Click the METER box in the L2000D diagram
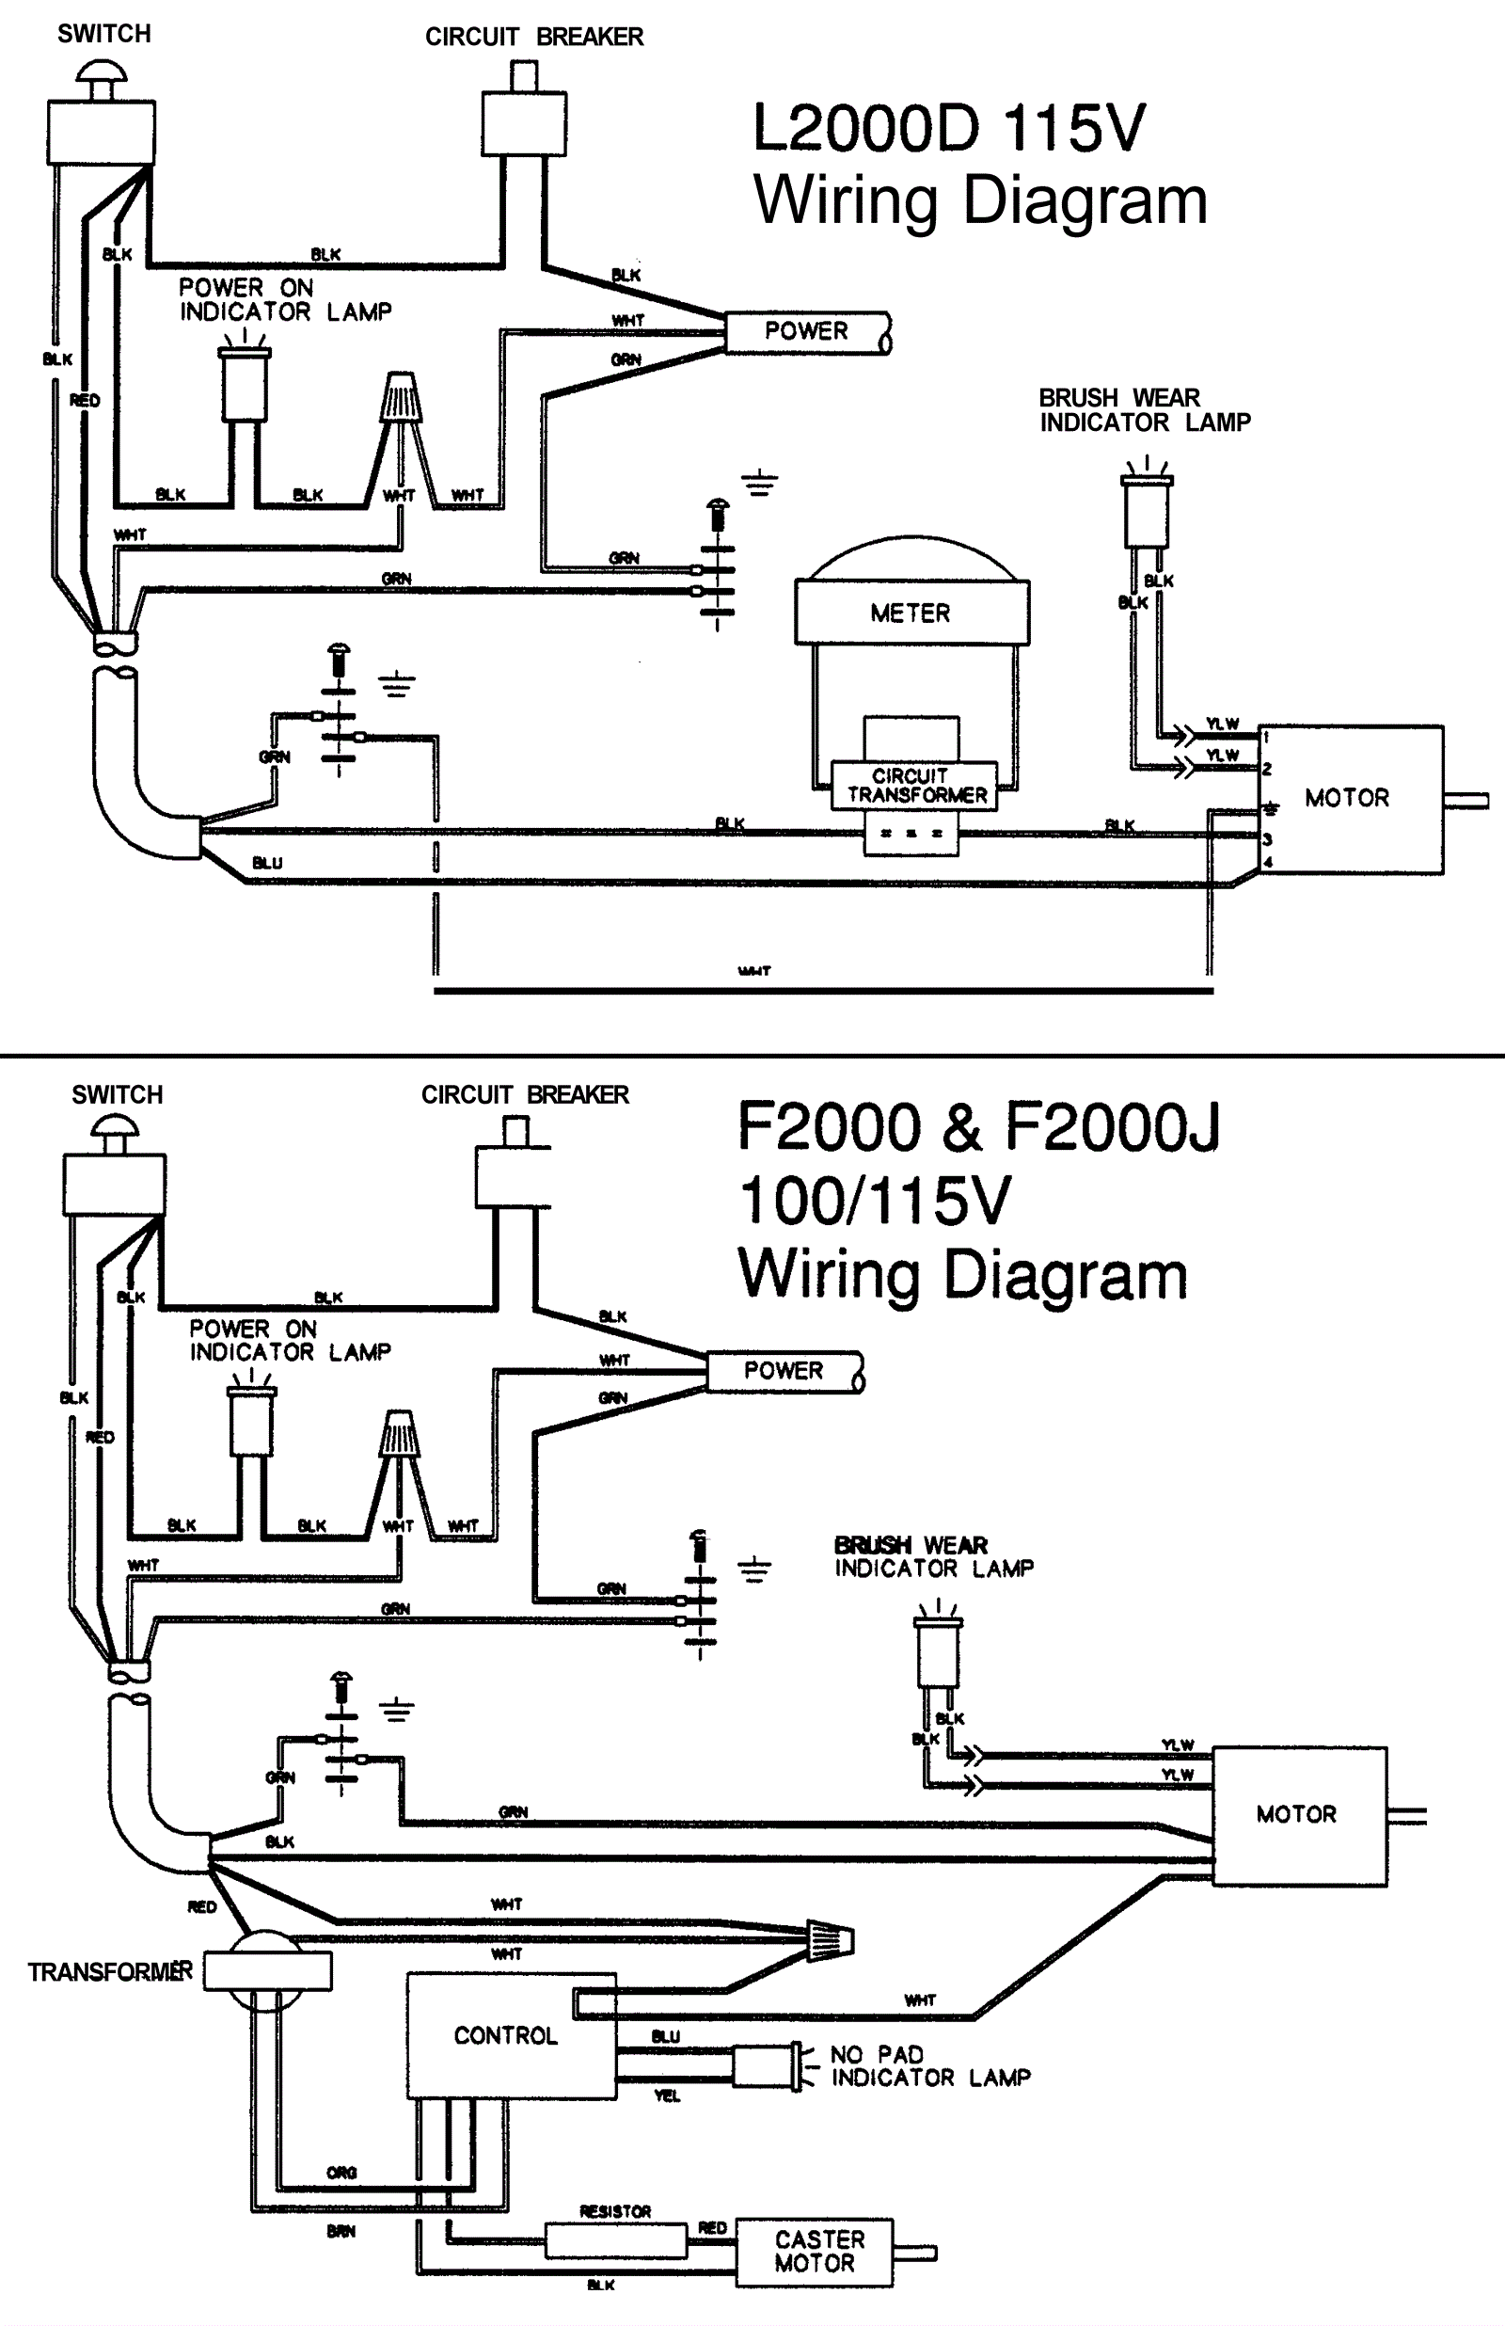911,613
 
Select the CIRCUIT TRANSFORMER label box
914,786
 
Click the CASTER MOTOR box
814,2252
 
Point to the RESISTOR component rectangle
615,2240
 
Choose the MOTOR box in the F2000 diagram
1299,1815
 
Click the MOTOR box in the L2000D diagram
1349,799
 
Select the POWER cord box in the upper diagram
806,332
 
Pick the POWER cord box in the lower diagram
784,1371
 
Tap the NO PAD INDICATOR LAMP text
928,2066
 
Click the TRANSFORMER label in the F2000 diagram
109,1971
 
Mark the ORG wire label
341,2173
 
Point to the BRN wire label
341,2231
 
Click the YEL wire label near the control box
667,2096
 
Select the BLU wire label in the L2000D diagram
267,863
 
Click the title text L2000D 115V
948,129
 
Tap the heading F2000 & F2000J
977,1127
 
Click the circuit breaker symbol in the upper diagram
524,112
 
